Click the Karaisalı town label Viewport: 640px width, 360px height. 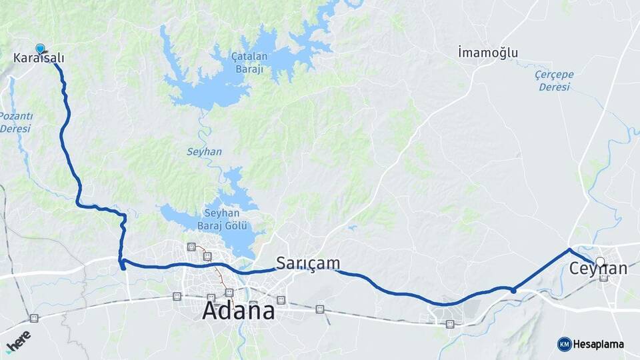coord(39,59)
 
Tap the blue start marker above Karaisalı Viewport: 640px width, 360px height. coord(41,48)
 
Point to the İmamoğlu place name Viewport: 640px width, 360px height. coord(488,53)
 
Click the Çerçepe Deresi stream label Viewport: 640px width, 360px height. coord(555,81)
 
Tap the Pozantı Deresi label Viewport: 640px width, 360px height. coord(15,122)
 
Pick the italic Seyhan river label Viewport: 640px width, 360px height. coord(204,152)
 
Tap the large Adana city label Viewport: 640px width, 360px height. coord(238,311)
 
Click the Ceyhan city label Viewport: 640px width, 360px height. coord(598,269)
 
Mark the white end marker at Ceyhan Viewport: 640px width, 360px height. coord(600,261)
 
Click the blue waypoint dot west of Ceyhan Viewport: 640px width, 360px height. coord(513,290)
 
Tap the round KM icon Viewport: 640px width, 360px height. coord(564,344)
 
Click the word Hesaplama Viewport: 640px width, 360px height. coord(599,345)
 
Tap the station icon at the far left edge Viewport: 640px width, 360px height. coord(34,318)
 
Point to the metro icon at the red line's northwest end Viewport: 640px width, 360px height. coord(192,247)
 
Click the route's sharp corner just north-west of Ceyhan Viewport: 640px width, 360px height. coord(569,249)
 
